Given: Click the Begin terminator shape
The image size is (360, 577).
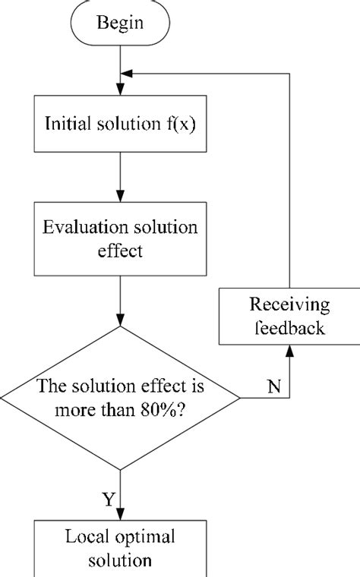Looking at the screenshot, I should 120,23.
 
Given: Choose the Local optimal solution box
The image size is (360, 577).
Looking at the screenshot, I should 120,548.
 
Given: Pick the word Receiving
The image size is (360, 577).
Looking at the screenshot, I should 290,306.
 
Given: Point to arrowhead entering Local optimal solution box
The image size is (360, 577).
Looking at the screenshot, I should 120,514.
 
